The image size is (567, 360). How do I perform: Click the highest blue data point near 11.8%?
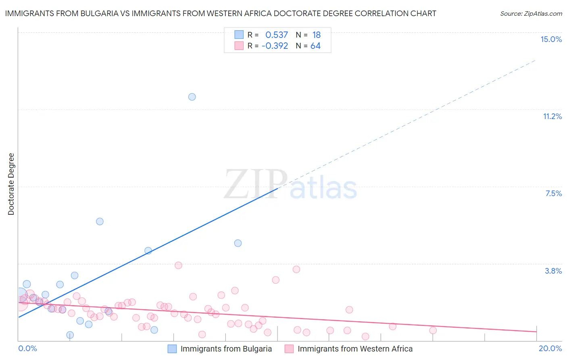pos(192,97)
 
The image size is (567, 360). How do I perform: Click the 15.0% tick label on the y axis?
pos(551,39)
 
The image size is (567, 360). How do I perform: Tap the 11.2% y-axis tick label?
pos(552,116)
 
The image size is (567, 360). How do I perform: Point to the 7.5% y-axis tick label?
pos(553,193)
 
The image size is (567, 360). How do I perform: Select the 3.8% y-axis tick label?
pos(553,271)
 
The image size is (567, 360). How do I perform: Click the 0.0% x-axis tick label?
pos(27,348)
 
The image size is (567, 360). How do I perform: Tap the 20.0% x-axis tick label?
pos(550,348)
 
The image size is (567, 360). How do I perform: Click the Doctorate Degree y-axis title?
pos(11,184)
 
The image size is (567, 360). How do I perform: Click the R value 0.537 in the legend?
pos(277,35)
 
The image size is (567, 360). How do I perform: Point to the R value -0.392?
pos(275,46)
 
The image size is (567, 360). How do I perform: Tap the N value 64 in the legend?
pos(315,46)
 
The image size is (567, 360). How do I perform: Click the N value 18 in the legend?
pos(316,35)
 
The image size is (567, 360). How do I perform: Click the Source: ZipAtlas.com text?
pos(531,14)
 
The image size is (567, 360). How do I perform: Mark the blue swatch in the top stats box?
pos(239,35)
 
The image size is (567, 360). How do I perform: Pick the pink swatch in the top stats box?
pos(239,46)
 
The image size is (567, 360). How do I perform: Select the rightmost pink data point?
pos(433,330)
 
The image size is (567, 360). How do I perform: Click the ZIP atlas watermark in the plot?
pos(290,184)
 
